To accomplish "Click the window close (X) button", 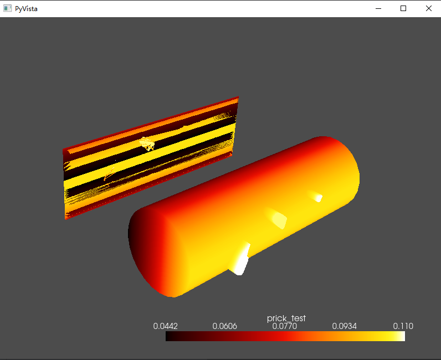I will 428,8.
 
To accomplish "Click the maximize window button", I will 403,8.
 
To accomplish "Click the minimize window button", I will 378,8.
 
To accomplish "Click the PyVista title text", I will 26,9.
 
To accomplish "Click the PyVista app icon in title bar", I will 8,9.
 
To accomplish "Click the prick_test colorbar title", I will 286,318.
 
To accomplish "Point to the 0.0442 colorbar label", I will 165,326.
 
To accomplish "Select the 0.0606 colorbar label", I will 225,326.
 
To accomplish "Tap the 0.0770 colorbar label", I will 285,326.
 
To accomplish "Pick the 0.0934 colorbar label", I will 345,326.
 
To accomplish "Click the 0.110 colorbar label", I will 403,326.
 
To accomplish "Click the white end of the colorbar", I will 401,336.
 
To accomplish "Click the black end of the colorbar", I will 170,336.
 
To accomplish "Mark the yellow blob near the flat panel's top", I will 146,144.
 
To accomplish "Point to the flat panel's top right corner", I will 238,97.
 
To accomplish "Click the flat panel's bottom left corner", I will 66,219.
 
